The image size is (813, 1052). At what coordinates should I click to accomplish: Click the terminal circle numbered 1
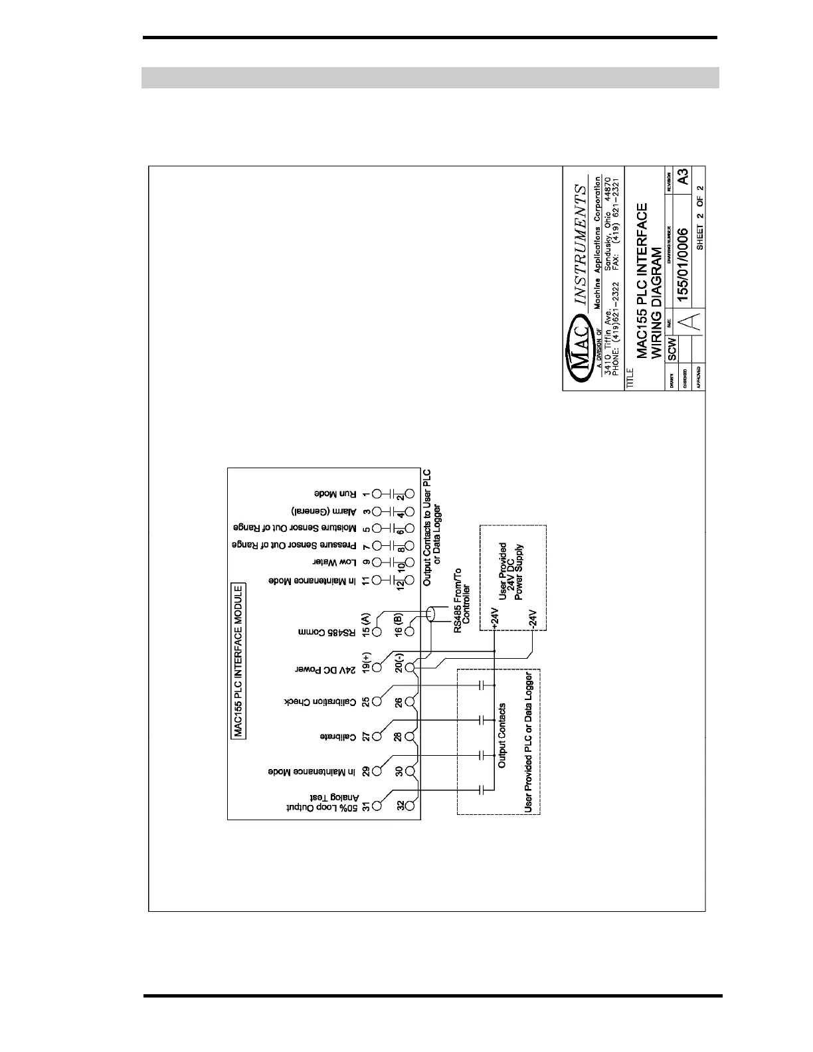coord(377,494)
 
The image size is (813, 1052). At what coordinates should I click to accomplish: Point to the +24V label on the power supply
coord(494,617)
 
